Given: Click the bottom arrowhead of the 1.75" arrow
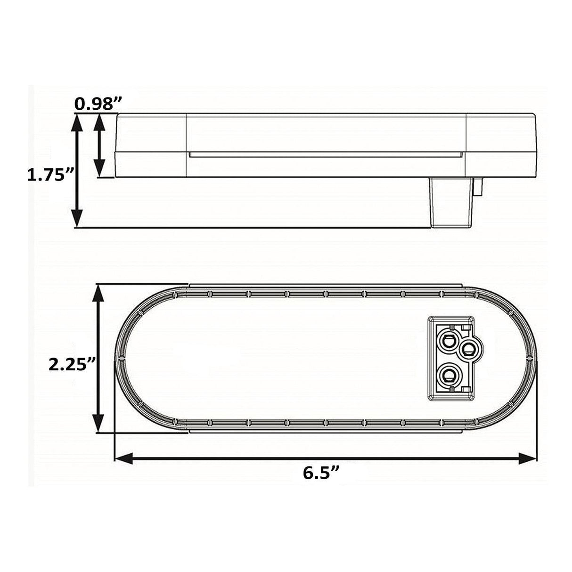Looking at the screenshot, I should (77, 218).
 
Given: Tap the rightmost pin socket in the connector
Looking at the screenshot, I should (468, 349).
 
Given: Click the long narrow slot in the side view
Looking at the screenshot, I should (325, 155).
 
